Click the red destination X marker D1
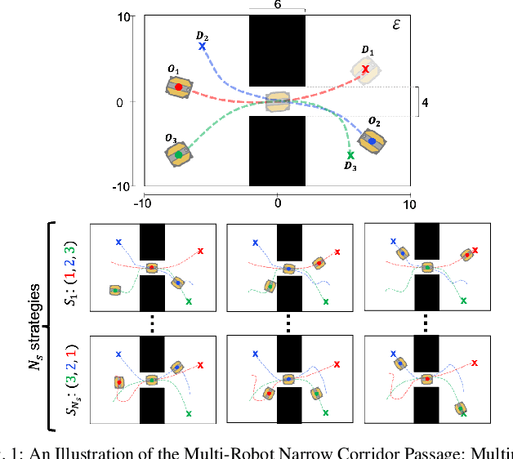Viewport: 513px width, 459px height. point(365,69)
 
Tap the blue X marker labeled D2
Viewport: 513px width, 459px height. point(202,47)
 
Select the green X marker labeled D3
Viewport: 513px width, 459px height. point(350,154)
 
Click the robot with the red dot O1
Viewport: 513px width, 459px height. point(179,87)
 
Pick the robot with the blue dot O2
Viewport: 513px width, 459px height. point(371,140)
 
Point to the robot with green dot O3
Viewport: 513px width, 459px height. point(178,152)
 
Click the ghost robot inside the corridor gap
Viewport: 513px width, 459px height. point(278,102)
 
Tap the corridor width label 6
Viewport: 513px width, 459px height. point(277,5)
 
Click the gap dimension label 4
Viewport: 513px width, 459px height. point(422,103)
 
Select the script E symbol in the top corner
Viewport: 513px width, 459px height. point(396,24)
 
